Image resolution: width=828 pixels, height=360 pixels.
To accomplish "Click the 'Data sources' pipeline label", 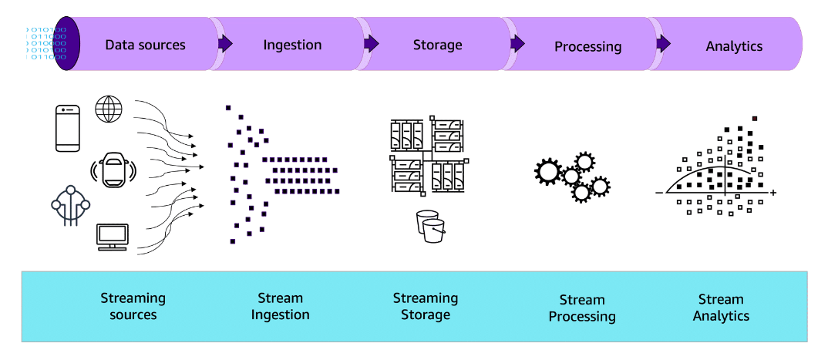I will point(145,45).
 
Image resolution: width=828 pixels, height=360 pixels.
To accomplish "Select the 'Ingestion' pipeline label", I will point(292,45).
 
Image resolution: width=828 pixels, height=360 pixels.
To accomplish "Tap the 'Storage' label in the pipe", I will point(437,45).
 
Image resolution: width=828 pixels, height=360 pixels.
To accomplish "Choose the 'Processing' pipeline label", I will point(587,46).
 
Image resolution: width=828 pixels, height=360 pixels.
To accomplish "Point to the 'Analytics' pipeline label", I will point(734,46).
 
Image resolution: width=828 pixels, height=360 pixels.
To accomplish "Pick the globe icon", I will point(107,109).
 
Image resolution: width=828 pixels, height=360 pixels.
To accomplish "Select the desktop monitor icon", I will point(113,237).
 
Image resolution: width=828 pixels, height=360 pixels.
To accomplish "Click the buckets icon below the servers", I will point(429,226).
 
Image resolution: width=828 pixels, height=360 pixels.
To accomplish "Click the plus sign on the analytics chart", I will point(772,192).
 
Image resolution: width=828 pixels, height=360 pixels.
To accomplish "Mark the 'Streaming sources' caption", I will point(133,306).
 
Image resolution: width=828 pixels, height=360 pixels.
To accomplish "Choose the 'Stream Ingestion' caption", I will point(280,306).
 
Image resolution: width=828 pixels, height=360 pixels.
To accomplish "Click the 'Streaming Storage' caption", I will point(425,306).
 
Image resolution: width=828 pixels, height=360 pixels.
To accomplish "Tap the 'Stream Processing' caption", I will point(582,308).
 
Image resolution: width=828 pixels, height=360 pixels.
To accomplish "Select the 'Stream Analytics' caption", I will point(721,308).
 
